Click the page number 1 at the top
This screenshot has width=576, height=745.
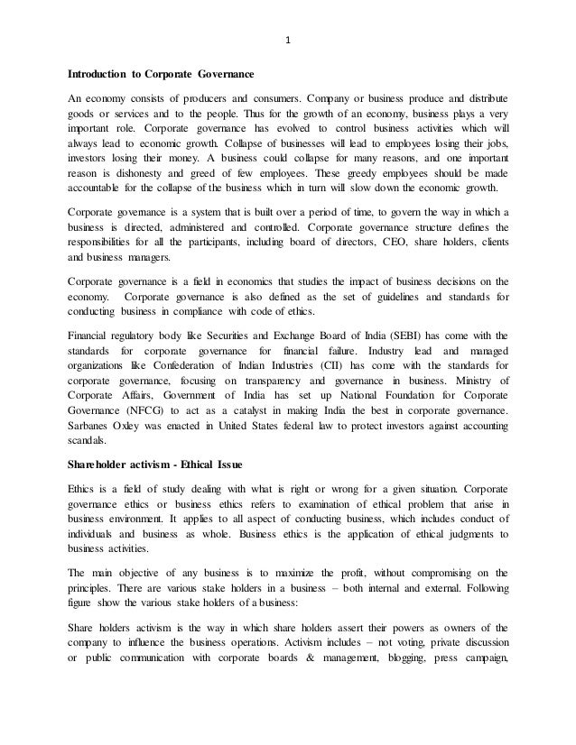pos(287,40)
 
